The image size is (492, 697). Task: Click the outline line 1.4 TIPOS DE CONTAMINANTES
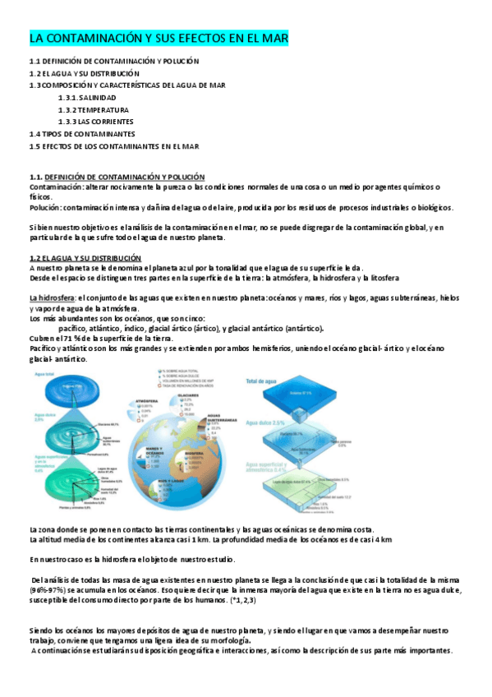point(82,133)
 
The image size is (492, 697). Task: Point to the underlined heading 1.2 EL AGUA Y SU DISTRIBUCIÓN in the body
point(84,258)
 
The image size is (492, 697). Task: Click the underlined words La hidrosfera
point(52,298)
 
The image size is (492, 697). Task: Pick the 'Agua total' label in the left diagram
point(47,374)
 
